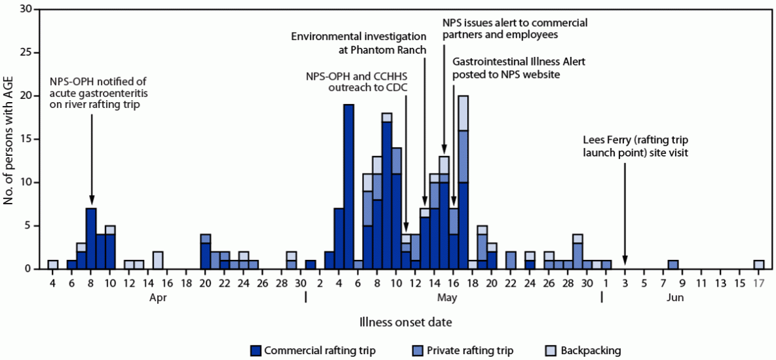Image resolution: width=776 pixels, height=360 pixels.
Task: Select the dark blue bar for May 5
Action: point(348,187)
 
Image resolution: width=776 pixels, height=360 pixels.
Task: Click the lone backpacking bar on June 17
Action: point(758,264)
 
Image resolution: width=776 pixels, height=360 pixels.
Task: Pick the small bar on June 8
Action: point(673,264)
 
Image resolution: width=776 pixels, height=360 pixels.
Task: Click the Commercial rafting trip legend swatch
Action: point(256,350)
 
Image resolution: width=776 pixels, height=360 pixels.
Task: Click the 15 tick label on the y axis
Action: point(26,139)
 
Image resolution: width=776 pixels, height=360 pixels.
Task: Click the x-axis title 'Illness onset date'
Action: point(404,321)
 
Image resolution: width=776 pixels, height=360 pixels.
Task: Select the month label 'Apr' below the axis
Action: point(157,297)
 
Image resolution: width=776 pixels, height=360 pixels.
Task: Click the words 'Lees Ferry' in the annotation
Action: point(606,139)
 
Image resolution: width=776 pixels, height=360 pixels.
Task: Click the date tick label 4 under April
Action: point(52,282)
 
